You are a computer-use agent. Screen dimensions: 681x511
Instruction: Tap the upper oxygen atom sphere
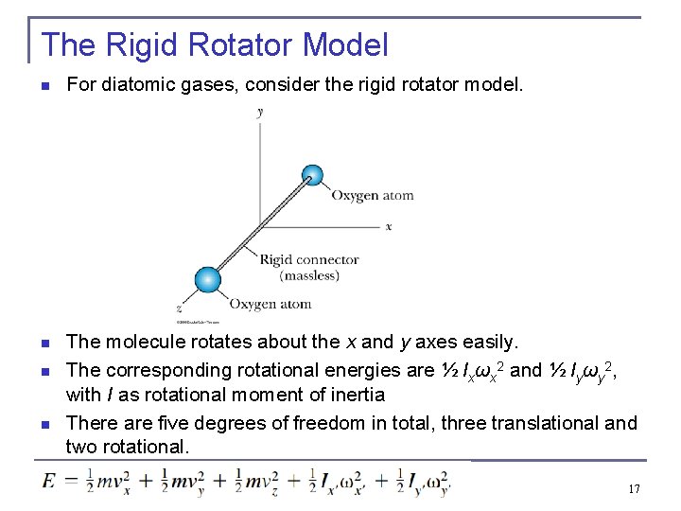point(312,175)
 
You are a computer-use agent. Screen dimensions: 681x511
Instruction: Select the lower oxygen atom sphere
point(207,279)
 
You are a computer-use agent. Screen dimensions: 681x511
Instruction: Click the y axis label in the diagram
point(260,112)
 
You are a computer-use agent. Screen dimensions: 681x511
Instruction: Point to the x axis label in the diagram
point(389,227)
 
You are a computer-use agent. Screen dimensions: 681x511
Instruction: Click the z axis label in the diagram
point(179,308)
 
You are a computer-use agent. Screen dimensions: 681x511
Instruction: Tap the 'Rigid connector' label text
point(309,259)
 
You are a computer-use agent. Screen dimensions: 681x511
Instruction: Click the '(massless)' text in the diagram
point(308,275)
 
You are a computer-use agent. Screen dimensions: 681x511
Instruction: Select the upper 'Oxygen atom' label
point(372,196)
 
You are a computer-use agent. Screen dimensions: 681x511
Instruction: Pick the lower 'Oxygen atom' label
point(270,304)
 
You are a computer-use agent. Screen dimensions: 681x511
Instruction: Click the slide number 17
point(634,489)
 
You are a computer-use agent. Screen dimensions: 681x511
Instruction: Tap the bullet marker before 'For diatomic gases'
point(45,86)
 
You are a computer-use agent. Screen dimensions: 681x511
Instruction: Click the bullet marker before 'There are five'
point(45,424)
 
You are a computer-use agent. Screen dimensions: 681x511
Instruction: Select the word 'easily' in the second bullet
point(485,342)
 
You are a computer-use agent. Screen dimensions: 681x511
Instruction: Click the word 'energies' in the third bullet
point(365,370)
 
